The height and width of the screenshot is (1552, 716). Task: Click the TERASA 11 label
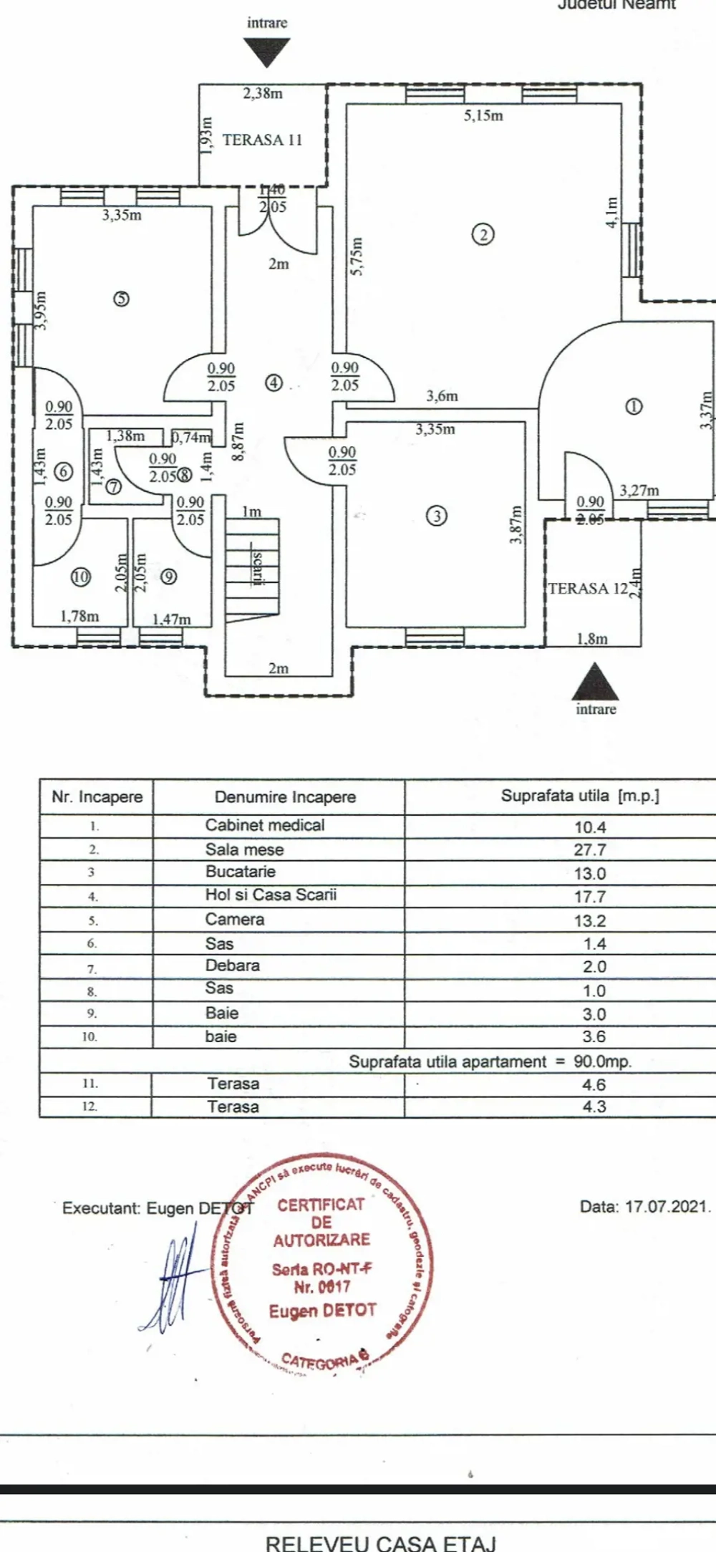tap(262, 140)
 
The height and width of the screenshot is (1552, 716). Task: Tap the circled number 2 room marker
tap(483, 234)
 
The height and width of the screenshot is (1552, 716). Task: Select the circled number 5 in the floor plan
tap(122, 299)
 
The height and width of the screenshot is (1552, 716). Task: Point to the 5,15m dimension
tap(483, 115)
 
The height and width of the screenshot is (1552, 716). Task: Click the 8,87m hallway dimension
tap(238, 441)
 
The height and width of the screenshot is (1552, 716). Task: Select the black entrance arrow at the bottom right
tap(595, 683)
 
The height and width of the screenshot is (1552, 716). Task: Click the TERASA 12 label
tap(588, 589)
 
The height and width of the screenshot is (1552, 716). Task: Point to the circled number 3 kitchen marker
tap(436, 516)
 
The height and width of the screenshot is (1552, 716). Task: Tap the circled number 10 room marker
tap(81, 577)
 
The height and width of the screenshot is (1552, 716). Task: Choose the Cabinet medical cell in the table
tap(265, 825)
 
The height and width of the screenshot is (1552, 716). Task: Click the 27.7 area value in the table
tap(590, 850)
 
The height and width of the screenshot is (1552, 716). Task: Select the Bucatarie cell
tap(241, 872)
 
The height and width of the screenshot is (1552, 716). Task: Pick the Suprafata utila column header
tap(580, 796)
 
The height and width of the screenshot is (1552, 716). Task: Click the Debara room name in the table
tap(233, 965)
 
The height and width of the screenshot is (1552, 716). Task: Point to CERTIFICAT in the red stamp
tap(321, 1205)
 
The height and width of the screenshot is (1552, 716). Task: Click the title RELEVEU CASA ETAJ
tap(380, 1543)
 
